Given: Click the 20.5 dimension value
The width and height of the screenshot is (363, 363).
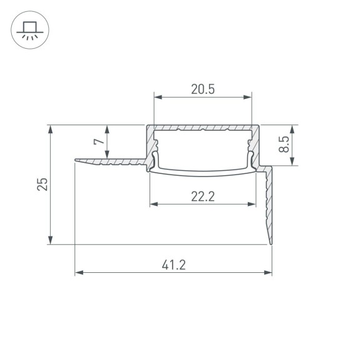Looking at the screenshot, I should coord(203,89).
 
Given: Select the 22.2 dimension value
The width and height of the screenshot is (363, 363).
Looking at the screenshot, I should coord(203,197).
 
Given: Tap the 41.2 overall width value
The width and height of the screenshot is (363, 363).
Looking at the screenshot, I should coord(173,265).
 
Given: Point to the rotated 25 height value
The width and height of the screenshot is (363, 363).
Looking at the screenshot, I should coord(42,184).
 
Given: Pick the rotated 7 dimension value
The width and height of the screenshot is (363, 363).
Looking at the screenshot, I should coord(98,142).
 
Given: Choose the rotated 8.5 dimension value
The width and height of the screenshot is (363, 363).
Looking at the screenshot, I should coord(284,145).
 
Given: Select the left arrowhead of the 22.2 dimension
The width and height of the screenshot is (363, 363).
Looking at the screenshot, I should coord(153,205).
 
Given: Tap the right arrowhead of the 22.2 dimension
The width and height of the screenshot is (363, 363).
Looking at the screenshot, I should coord(252,205).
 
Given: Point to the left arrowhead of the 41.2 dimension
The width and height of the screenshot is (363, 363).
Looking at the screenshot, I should coord(79,273).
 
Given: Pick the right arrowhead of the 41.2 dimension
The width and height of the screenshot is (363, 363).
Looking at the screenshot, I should coord(268,273).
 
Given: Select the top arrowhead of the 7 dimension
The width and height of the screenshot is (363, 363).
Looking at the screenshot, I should coord(109,129).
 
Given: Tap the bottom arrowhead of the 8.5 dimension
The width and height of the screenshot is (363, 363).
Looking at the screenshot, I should coord(292,162).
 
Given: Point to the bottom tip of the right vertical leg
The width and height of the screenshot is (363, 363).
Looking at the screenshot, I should coord(272,242).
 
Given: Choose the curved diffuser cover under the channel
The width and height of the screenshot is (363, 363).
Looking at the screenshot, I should coord(203,171).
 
